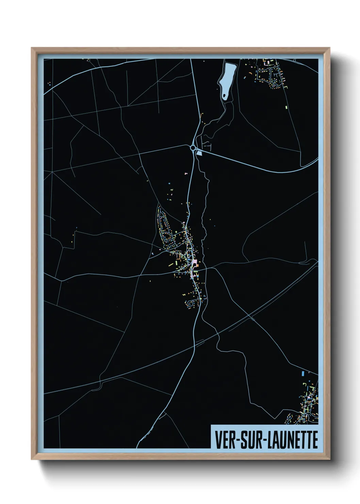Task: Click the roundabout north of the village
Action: (x=193, y=148)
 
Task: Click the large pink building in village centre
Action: (x=195, y=262)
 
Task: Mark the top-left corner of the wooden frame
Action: (x=32, y=48)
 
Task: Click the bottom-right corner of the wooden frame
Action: (x=330, y=459)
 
